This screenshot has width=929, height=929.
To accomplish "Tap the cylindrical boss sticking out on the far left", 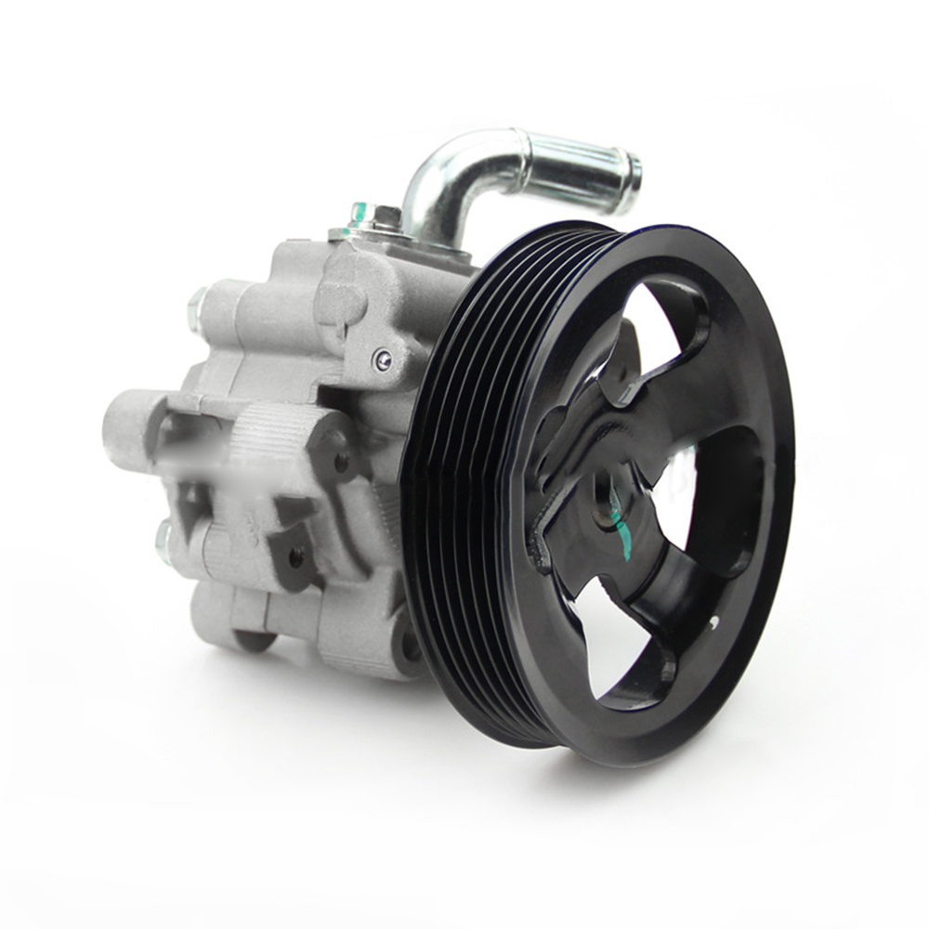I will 125,427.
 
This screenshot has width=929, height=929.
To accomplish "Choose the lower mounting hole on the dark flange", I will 295,557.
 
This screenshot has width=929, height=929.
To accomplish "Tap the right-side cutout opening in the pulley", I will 724,492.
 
